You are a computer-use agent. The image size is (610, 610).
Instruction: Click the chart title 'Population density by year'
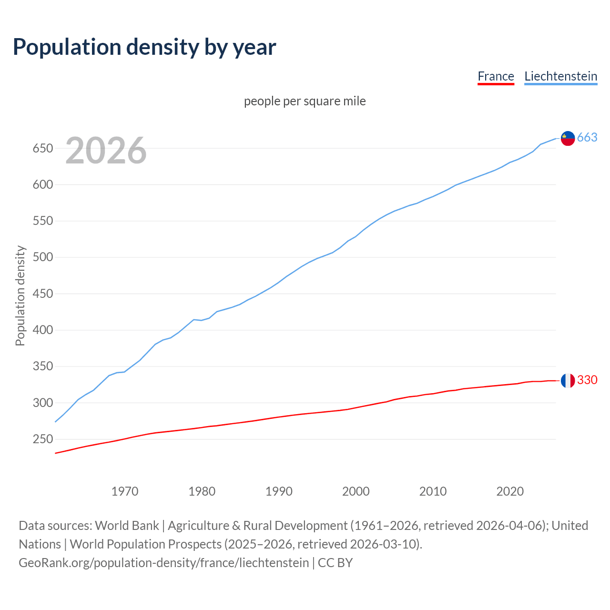tap(144, 47)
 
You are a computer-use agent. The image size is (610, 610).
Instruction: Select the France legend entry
tap(496, 76)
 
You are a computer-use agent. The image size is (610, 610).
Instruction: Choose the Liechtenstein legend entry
tap(560, 76)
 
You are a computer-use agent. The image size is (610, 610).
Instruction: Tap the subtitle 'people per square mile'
tap(305, 101)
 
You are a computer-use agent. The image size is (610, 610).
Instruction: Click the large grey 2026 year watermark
tap(106, 151)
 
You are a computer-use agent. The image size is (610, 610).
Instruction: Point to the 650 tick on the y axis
tap(42, 148)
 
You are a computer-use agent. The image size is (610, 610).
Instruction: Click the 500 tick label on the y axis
tap(42, 257)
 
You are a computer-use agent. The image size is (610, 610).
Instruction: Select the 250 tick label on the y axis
tap(42, 439)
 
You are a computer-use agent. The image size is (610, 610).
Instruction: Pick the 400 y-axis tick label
tap(42, 330)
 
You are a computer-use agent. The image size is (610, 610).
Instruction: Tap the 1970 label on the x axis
tap(125, 491)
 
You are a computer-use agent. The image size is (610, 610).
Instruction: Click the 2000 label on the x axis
tap(356, 491)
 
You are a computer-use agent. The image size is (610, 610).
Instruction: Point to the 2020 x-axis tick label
tap(510, 491)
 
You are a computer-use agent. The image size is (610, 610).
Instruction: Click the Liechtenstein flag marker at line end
tap(568, 138)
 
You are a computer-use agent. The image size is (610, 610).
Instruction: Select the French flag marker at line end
tap(568, 380)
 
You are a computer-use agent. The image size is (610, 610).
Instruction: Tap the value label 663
tap(587, 137)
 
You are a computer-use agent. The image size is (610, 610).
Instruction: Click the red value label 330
tap(587, 380)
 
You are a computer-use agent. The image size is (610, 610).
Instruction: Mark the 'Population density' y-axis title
tap(20, 295)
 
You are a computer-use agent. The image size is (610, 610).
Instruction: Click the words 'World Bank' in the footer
tap(127, 526)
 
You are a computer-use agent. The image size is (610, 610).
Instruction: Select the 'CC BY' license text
tap(335, 563)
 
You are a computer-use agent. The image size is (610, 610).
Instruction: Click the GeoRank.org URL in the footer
tap(163, 563)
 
